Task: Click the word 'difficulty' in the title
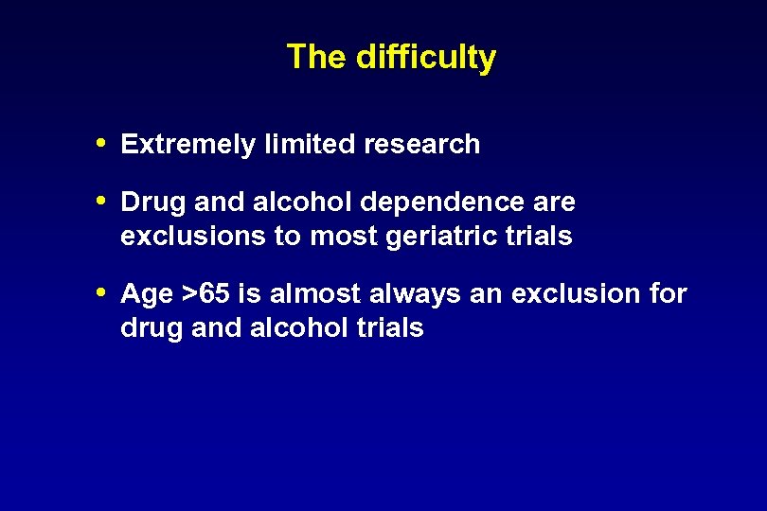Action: coord(426,57)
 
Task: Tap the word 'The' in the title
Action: coord(317,57)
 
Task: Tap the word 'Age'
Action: coord(147,295)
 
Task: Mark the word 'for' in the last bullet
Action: coord(669,294)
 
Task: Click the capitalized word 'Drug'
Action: coord(152,203)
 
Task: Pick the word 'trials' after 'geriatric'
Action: coord(540,236)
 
